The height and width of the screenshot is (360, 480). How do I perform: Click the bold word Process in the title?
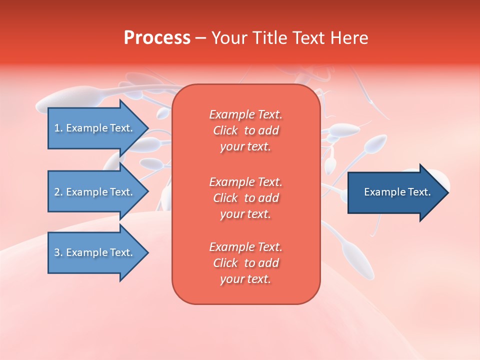pyautogui.click(x=157, y=38)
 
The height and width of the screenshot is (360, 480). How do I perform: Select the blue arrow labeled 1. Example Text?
pyautogui.click(x=93, y=128)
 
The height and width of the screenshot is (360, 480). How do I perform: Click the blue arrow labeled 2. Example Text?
pyautogui.click(x=93, y=192)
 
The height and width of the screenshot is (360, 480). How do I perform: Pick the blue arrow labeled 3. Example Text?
pyautogui.click(x=93, y=252)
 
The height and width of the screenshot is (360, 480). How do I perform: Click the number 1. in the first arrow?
pyautogui.click(x=58, y=128)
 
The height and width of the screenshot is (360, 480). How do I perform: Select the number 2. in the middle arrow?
pyautogui.click(x=58, y=192)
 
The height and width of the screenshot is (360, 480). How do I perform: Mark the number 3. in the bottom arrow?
pyautogui.click(x=58, y=252)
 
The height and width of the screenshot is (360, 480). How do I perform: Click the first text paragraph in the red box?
pyautogui.click(x=245, y=130)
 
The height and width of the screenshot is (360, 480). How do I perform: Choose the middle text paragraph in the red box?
pyautogui.click(x=245, y=198)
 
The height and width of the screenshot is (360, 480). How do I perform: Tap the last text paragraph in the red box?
pyautogui.click(x=245, y=263)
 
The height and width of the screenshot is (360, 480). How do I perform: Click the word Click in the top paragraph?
pyautogui.click(x=225, y=130)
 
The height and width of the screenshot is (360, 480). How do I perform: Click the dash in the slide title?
pyautogui.click(x=200, y=38)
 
